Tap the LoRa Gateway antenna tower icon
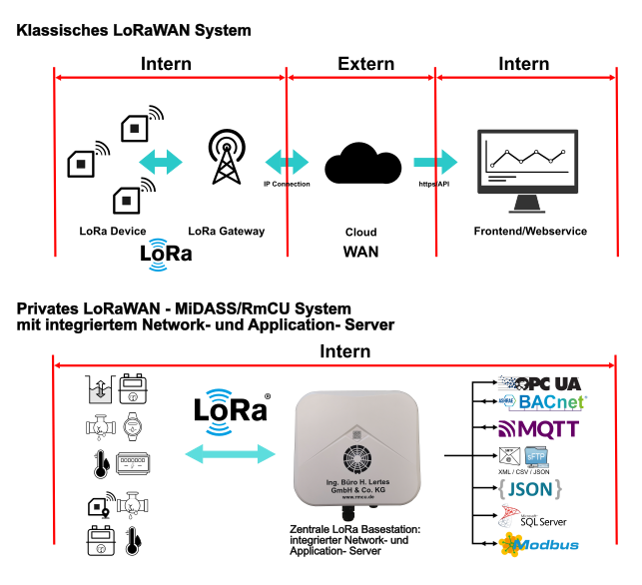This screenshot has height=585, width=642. click(227, 159)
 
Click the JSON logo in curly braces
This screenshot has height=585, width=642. click(530, 488)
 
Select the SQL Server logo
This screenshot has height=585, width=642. click(533, 517)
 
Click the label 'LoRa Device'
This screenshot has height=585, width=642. click(113, 232)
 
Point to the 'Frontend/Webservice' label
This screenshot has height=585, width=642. click(529, 232)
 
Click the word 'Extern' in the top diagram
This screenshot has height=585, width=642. click(365, 65)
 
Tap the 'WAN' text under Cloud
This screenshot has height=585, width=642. click(360, 252)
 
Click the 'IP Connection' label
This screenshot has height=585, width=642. click(287, 185)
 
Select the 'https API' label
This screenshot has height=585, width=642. click(433, 185)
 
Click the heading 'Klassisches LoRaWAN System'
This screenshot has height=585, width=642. click(134, 31)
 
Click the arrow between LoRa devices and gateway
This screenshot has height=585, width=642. click(161, 161)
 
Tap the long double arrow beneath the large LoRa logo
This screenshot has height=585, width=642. click(231, 453)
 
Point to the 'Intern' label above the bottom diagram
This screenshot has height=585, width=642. click(344, 351)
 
